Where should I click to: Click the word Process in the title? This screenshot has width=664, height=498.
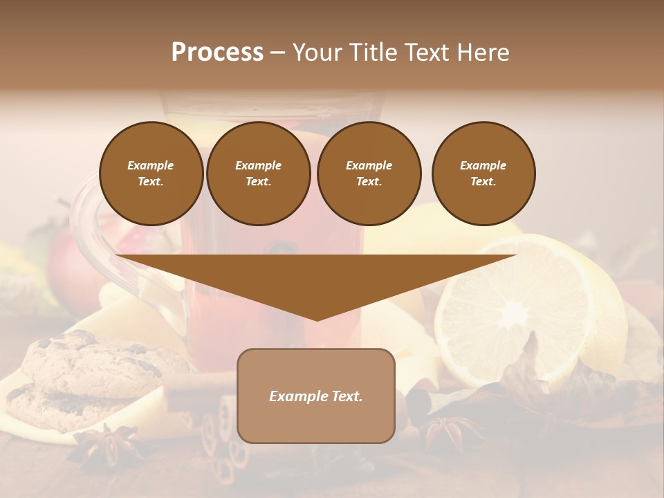[217, 53]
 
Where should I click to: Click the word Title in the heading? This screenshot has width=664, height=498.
[373, 53]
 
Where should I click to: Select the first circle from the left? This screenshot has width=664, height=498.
[151, 174]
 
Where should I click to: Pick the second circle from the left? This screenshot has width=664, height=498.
[259, 174]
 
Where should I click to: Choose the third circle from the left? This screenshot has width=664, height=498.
[369, 174]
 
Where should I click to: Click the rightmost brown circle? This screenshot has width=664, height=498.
[483, 174]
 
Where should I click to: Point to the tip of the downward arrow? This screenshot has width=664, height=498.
[317, 319]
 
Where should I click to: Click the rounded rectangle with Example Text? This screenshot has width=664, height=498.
[316, 396]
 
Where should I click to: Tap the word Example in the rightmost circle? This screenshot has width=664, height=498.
[483, 165]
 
